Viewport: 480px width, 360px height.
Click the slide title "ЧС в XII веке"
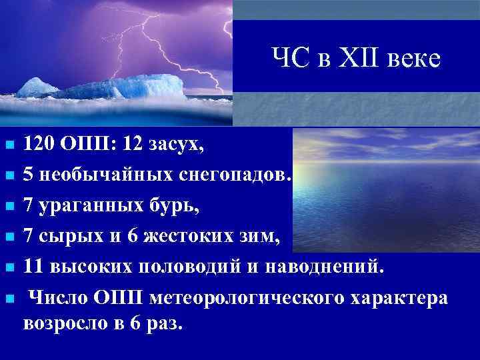click(x=356, y=59)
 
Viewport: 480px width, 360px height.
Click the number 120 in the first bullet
click(x=39, y=142)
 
